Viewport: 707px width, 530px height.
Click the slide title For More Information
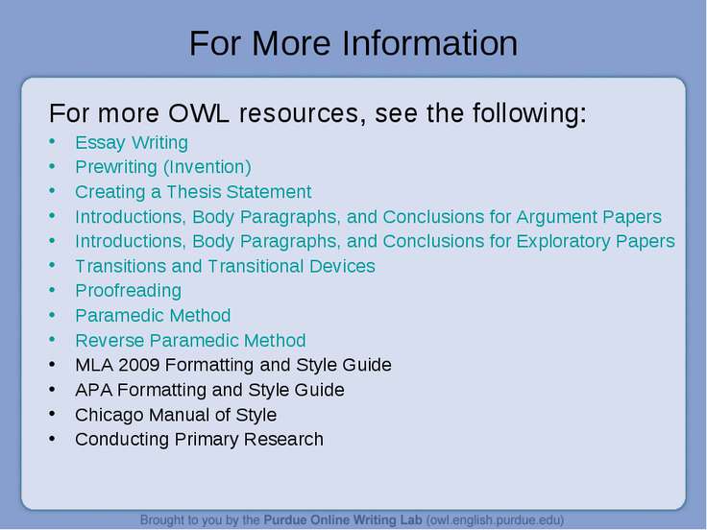coord(353,43)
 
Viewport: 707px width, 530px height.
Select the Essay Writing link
coord(132,143)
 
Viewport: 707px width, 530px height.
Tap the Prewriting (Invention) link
coord(162,167)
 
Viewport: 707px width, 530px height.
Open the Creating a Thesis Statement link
coord(193,192)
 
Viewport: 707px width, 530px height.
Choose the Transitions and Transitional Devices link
coord(225,266)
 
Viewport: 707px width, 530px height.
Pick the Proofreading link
coord(128,291)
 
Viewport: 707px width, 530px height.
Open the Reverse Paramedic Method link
coord(190,340)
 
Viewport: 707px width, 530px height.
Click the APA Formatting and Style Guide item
coord(209,390)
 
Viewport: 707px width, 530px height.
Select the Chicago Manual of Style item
coord(176,415)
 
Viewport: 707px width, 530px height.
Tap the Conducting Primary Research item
coord(199,440)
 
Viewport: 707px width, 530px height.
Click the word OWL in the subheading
coord(199,113)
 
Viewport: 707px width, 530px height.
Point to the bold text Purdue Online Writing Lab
coord(343,520)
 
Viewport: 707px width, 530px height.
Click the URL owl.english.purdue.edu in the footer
coord(495,520)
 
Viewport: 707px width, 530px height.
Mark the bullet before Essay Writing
coord(52,141)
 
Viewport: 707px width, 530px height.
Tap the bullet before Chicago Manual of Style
coord(52,413)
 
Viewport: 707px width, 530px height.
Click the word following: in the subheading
coord(529,113)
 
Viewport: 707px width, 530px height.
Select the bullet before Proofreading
coord(52,290)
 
